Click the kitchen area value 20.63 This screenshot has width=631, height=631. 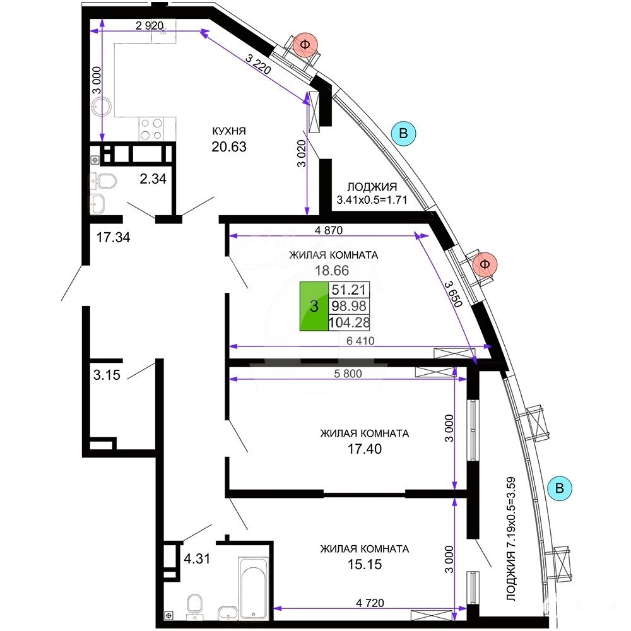pyautogui.click(x=229, y=147)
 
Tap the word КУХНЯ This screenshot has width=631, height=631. pyautogui.click(x=229, y=131)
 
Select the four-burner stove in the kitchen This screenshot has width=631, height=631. pyautogui.click(x=151, y=129)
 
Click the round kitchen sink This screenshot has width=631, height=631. pyautogui.click(x=101, y=107)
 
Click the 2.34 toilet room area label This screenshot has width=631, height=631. pyautogui.click(x=153, y=179)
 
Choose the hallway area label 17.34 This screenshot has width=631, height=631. pyautogui.click(x=113, y=237)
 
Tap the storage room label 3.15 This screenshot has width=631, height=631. pyautogui.click(x=107, y=375)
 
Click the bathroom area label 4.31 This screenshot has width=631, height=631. pyautogui.click(x=197, y=559)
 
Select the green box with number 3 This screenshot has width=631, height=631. pyautogui.click(x=314, y=306)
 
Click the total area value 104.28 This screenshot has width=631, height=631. pyautogui.click(x=349, y=322)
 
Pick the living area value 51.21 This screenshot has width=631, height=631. pyautogui.click(x=348, y=290)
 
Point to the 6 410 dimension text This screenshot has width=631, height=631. pyautogui.click(x=360, y=341)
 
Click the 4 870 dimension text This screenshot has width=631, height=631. pyautogui.click(x=329, y=230)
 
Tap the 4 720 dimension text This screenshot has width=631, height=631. pyautogui.click(x=370, y=603)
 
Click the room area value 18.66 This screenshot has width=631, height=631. pyautogui.click(x=332, y=271)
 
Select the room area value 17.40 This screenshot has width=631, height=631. pyautogui.click(x=365, y=449)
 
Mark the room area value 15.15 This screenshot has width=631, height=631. pyautogui.click(x=365, y=565)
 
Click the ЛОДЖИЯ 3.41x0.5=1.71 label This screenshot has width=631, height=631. pyautogui.click(x=372, y=193)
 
